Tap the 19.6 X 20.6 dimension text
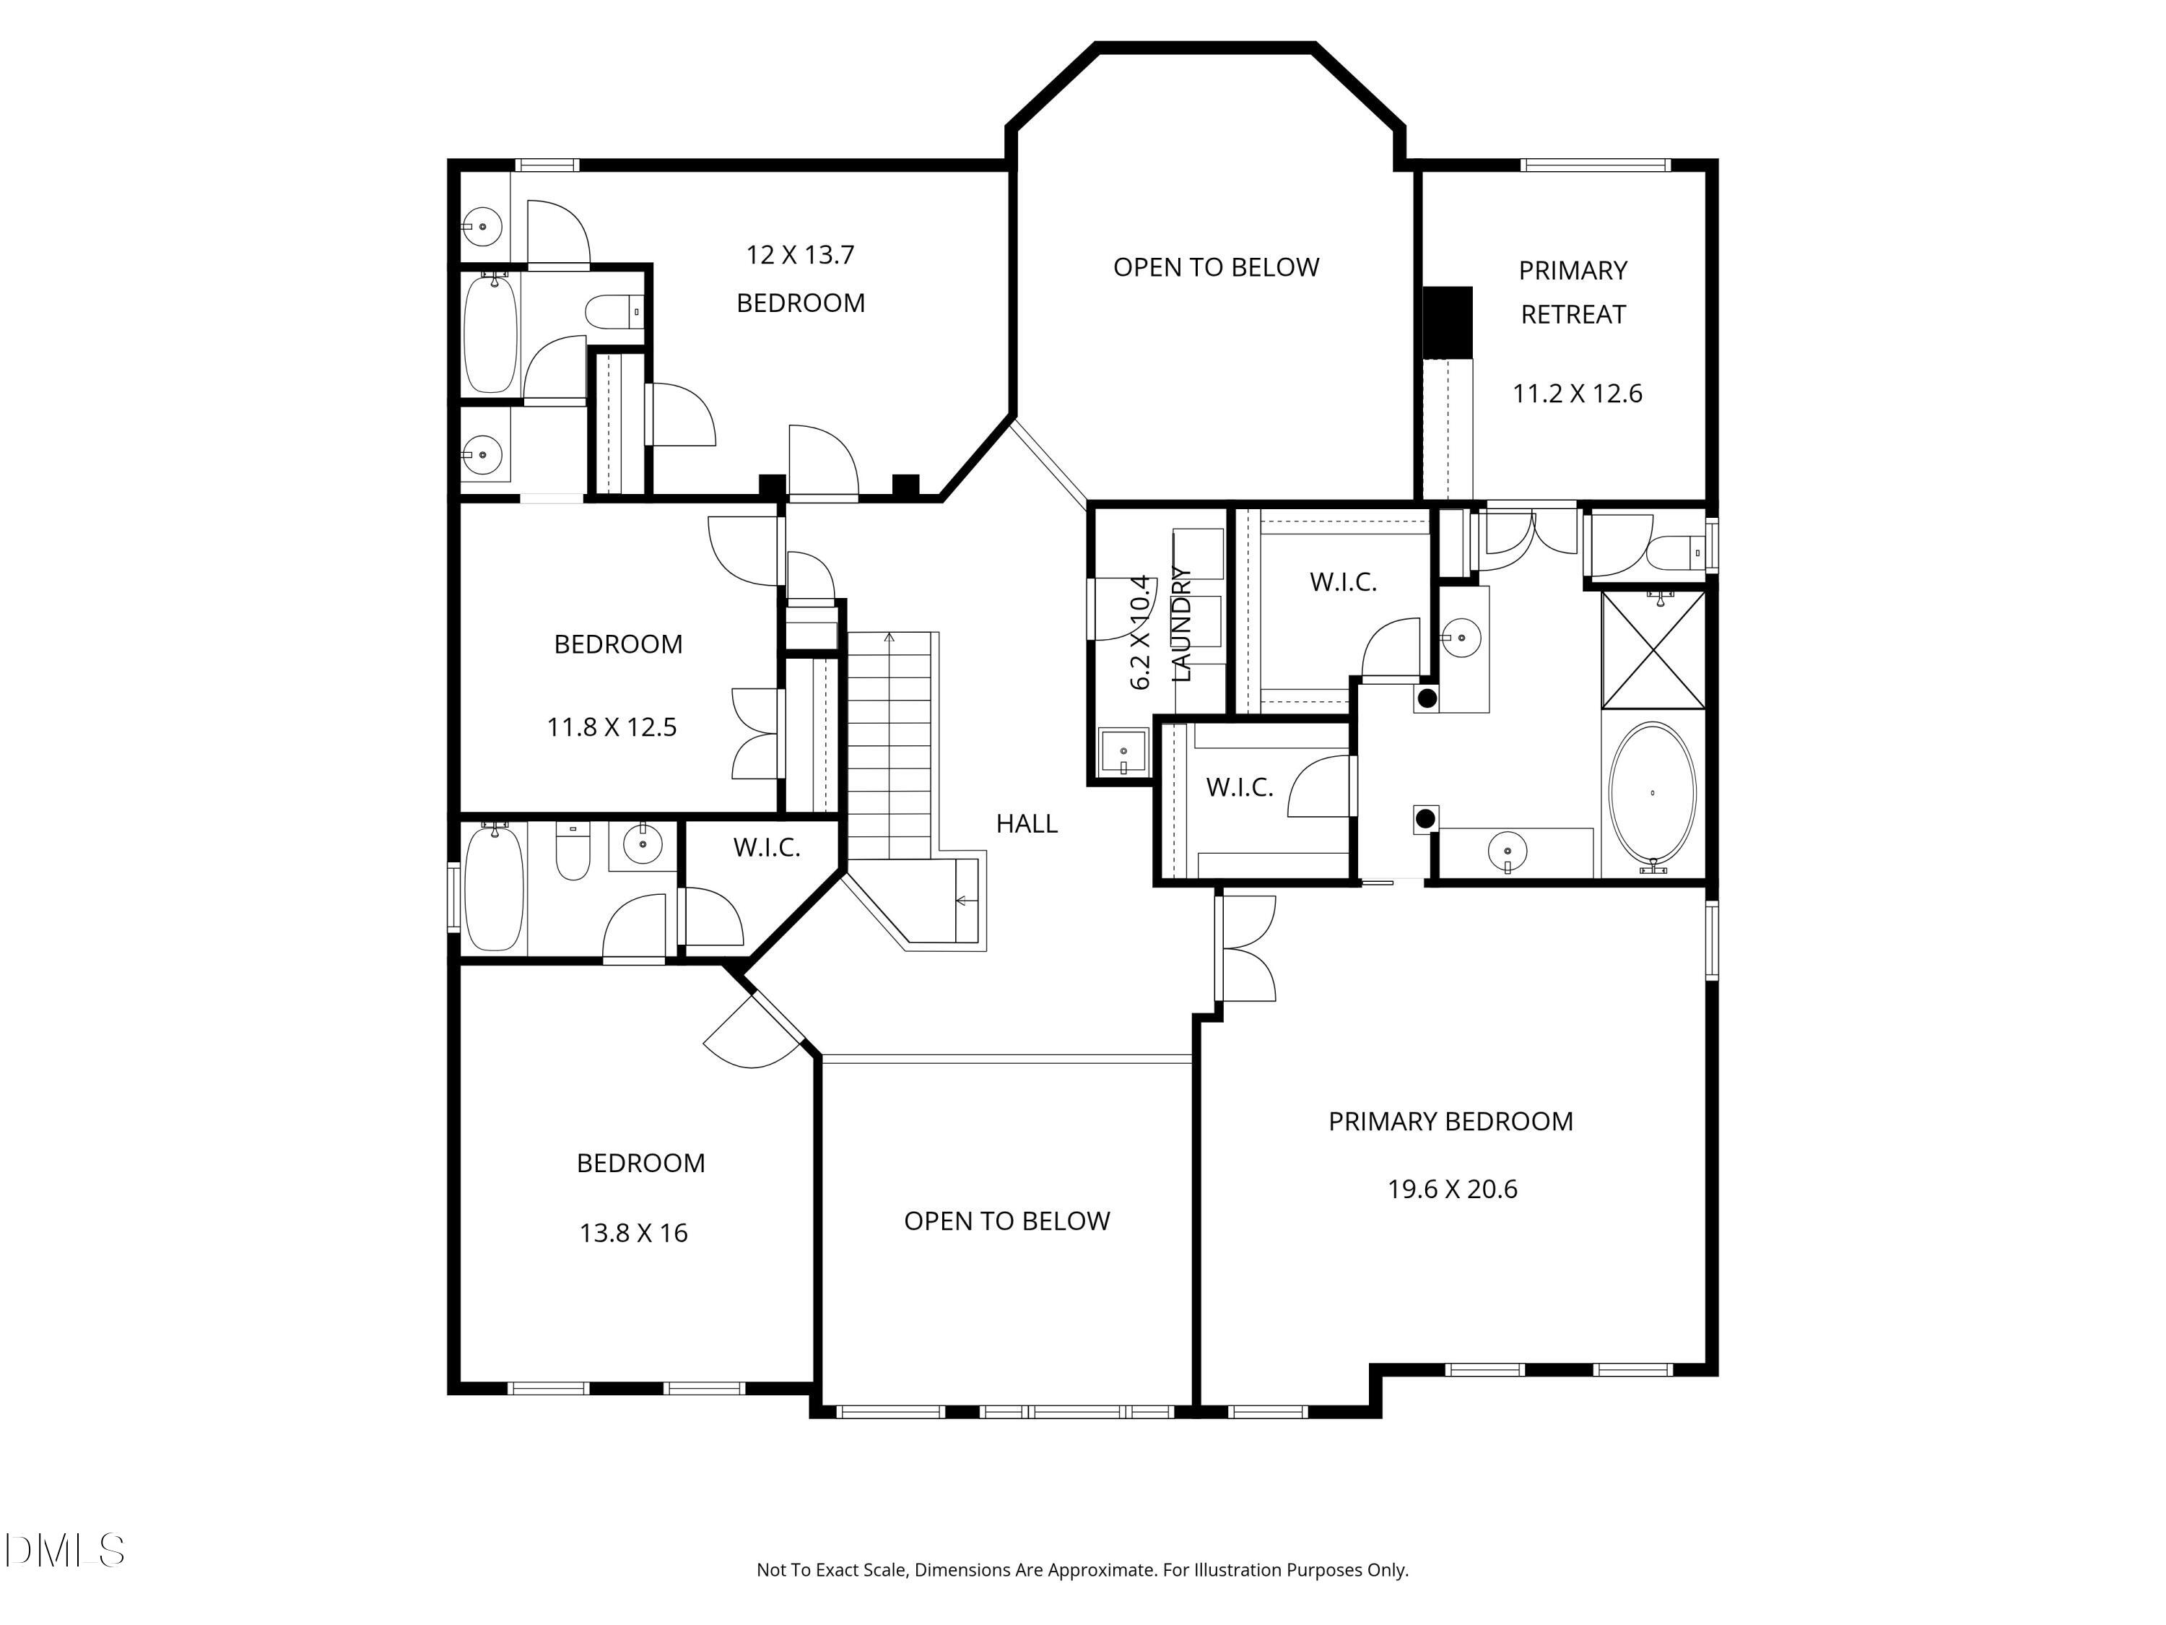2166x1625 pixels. coord(1452,1189)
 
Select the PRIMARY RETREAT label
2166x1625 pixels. coord(1573,292)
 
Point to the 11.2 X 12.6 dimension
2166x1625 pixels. coord(1577,394)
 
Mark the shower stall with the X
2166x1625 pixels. coord(1653,649)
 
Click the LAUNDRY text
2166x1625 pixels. coord(1182,624)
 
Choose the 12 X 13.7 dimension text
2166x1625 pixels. coord(800,256)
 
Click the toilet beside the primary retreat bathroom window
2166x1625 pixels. coord(1677,553)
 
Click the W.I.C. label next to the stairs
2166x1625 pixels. coord(767,847)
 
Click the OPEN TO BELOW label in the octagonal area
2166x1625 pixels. coord(1216,267)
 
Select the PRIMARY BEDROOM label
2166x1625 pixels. coord(1450,1122)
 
